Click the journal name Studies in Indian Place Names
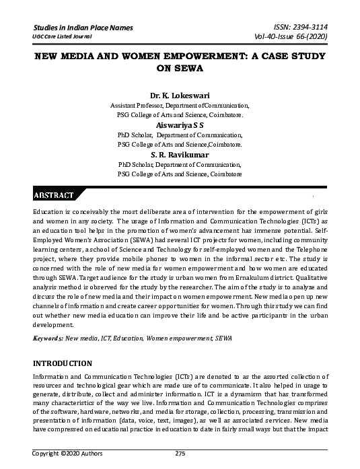coord(83,28)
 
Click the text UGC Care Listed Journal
coord(62,37)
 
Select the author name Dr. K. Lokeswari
coord(179,96)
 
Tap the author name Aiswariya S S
coord(180,125)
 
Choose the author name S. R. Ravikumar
coord(180,154)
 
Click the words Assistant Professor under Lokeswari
coord(134,106)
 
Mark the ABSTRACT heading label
coord(53,195)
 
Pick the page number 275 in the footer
coord(180,454)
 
